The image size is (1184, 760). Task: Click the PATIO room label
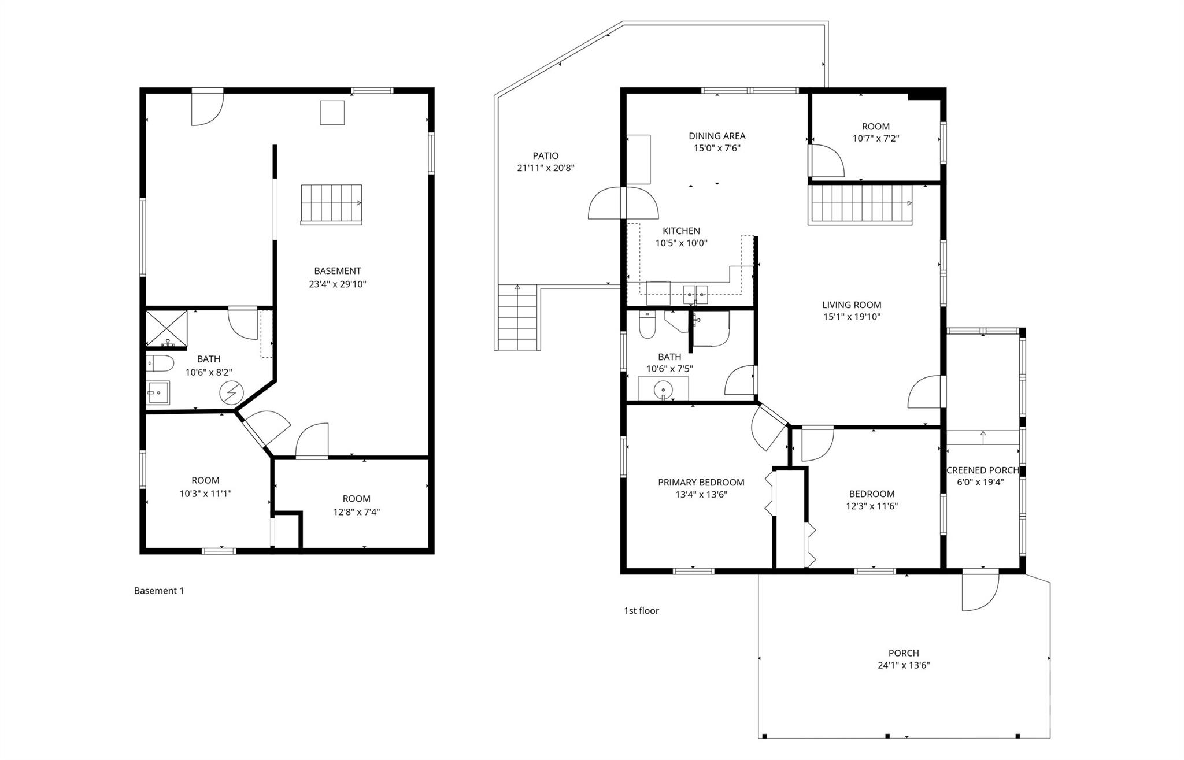(x=546, y=155)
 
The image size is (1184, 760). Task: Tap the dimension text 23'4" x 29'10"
(x=338, y=284)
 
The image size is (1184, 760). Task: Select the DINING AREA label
(x=717, y=136)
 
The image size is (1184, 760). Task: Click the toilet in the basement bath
(x=160, y=363)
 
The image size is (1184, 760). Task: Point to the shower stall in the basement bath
(x=166, y=329)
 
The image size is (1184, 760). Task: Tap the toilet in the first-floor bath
(x=647, y=325)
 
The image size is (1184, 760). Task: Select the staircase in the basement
(x=331, y=204)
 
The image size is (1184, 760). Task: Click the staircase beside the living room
(x=860, y=203)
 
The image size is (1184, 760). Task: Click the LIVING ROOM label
(x=852, y=305)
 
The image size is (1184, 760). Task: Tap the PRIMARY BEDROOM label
(x=701, y=482)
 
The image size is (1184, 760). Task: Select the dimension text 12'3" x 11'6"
(x=872, y=506)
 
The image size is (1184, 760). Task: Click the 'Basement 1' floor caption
(x=159, y=591)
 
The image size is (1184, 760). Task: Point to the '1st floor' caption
(x=641, y=611)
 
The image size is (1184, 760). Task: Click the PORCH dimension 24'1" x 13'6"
(x=904, y=665)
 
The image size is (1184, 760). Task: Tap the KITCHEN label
(x=681, y=231)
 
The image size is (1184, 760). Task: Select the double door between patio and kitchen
(x=623, y=203)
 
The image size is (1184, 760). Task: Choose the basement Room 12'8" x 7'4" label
(x=356, y=498)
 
